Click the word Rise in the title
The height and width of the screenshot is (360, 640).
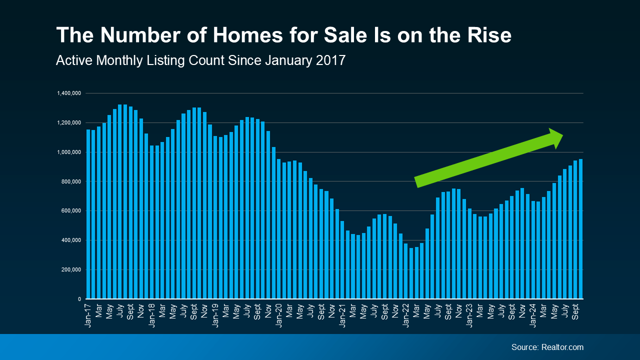(x=487, y=35)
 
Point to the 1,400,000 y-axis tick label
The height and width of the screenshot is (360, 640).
(x=69, y=93)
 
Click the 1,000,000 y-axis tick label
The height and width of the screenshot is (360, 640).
(x=69, y=152)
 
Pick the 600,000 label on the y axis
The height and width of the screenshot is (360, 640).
(x=71, y=211)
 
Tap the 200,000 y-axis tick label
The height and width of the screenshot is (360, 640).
(x=71, y=270)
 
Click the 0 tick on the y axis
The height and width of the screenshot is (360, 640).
(x=79, y=299)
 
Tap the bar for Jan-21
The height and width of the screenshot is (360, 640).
(x=342, y=260)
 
